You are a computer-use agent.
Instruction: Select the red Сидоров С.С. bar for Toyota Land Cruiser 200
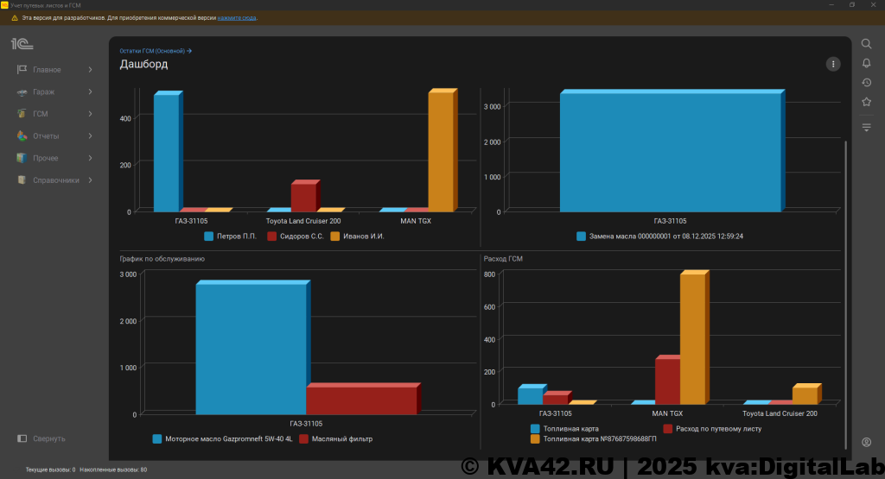(x=303, y=196)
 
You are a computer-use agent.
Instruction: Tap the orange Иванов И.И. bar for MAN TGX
(x=440, y=151)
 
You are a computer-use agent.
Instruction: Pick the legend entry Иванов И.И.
(x=363, y=236)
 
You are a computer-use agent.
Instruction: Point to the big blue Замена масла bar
(x=670, y=151)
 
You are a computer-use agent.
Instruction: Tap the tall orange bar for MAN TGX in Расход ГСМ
(x=692, y=337)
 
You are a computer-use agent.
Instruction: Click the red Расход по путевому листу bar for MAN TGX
(x=666, y=381)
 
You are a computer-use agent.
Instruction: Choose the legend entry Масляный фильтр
(x=342, y=438)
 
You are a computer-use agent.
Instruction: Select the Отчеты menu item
(x=46, y=136)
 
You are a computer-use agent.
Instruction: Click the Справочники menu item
(x=55, y=180)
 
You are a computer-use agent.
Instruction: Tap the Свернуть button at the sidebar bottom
(x=48, y=438)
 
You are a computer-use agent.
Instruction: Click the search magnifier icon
(x=866, y=44)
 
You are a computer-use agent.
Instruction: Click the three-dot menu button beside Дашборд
(x=832, y=64)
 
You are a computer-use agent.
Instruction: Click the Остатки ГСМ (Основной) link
(x=155, y=51)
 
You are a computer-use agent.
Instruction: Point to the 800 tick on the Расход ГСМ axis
(x=489, y=274)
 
